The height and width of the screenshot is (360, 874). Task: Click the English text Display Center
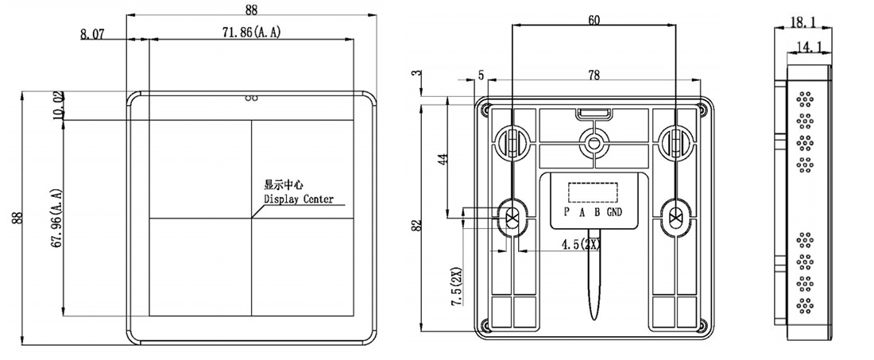[x=298, y=199]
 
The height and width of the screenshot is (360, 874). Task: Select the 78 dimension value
[x=594, y=75]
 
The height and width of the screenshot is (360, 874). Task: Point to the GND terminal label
[x=614, y=212]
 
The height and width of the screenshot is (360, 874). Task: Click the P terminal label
[x=566, y=212]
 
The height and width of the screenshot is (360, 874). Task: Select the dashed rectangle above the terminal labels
[x=592, y=192]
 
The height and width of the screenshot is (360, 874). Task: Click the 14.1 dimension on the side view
[x=809, y=48]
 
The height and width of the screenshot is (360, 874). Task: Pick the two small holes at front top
[x=252, y=99]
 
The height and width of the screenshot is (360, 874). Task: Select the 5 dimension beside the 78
[x=481, y=75]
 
